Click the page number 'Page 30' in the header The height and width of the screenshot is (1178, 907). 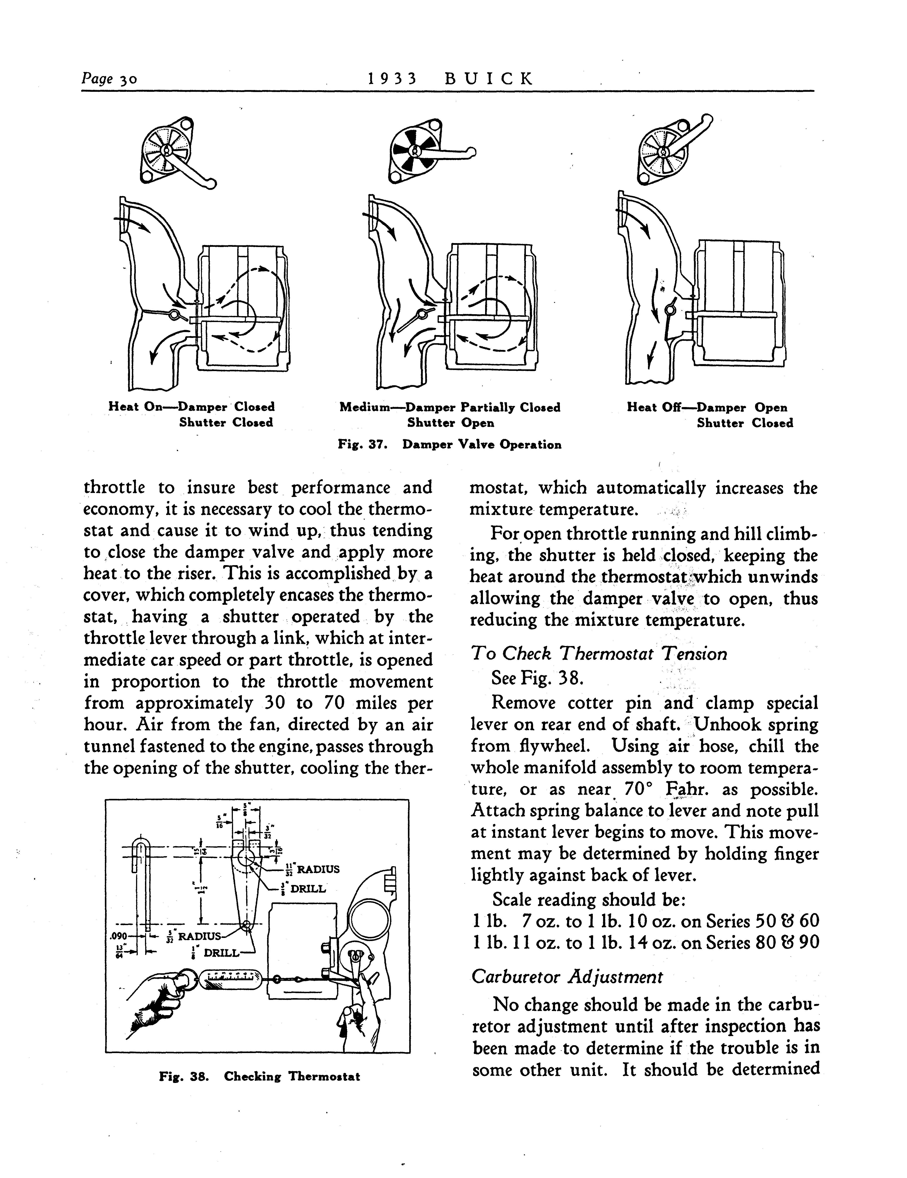click(x=109, y=79)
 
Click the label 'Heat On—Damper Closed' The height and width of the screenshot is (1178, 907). click(x=191, y=407)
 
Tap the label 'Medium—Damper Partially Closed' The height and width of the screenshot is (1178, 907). click(x=450, y=407)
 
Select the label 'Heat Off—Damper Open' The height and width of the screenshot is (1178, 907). click(x=706, y=407)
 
